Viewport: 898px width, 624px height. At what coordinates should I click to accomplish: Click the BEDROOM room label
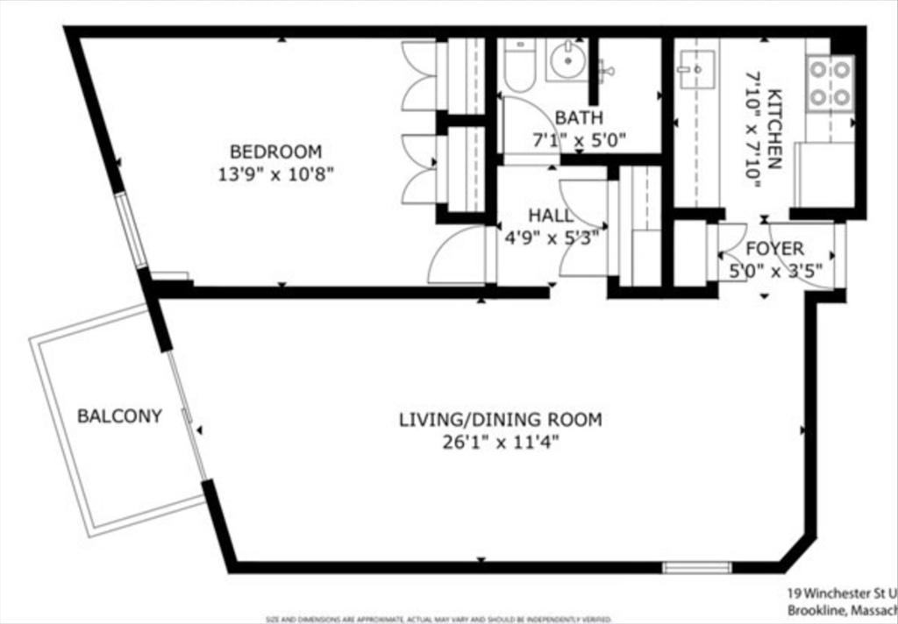(275, 151)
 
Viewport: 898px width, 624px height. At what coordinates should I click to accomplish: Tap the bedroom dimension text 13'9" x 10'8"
(275, 174)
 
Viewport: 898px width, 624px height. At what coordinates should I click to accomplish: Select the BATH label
(579, 117)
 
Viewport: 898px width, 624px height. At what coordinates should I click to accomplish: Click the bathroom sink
(567, 60)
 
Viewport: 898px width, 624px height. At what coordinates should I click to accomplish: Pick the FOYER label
(774, 249)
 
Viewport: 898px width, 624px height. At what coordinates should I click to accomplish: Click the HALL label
(552, 215)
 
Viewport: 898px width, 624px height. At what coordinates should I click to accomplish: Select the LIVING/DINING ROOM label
(501, 419)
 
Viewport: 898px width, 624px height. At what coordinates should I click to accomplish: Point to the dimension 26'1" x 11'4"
(501, 442)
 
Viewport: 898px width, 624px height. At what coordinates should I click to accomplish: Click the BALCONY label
(119, 416)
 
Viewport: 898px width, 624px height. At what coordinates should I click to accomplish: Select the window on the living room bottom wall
(696, 567)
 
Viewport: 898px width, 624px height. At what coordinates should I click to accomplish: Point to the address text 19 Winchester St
(840, 592)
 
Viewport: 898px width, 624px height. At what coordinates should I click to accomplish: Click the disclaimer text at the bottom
(438, 619)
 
